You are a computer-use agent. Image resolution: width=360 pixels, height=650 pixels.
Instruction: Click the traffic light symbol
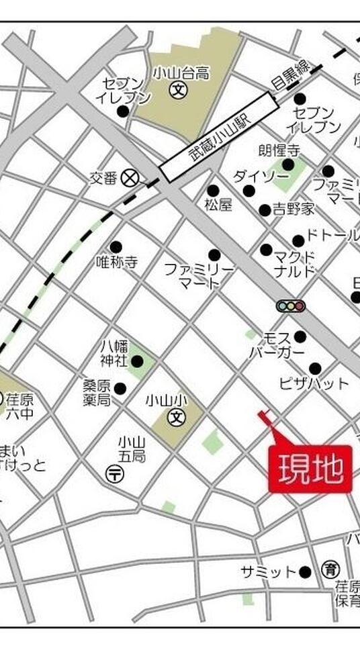click(290, 306)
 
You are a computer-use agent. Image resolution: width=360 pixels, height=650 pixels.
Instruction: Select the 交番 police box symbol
click(130, 178)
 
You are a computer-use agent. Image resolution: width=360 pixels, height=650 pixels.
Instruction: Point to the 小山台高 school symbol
click(177, 89)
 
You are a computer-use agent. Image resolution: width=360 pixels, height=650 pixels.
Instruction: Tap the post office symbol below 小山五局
click(115, 474)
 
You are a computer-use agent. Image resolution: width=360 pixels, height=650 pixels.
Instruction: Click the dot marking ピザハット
click(314, 368)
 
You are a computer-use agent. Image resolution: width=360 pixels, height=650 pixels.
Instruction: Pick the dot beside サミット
click(305, 572)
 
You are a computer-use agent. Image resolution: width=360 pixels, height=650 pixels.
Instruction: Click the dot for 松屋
click(213, 191)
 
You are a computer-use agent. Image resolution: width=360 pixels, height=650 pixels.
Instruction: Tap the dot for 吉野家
click(265, 210)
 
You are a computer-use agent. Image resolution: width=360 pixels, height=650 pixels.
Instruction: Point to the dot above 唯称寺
click(116, 247)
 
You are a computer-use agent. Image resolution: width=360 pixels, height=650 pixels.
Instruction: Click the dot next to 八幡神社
click(137, 362)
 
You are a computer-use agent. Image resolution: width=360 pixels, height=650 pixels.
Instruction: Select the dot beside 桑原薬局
click(120, 388)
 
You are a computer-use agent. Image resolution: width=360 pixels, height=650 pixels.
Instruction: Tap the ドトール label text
click(332, 236)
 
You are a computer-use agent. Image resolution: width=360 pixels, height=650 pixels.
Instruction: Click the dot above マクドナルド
click(266, 250)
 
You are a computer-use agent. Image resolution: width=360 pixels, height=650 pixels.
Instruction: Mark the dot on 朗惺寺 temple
click(288, 165)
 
